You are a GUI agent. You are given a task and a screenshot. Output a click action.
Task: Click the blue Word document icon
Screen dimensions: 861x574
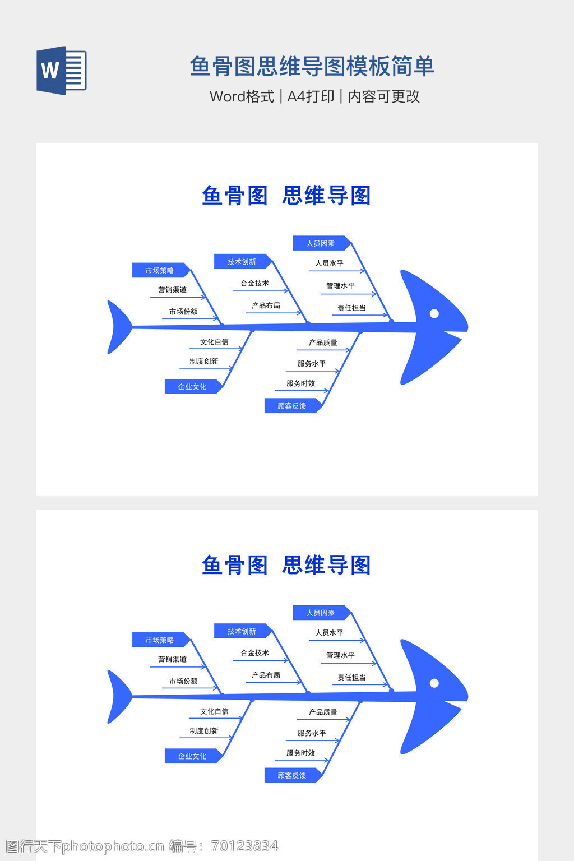click(61, 70)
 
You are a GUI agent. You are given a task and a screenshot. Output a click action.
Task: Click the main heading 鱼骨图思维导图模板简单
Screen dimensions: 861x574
click(312, 66)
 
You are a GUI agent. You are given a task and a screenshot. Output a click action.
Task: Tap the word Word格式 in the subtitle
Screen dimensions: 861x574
click(242, 96)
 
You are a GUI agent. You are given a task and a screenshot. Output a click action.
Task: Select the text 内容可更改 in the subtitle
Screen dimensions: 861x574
click(383, 96)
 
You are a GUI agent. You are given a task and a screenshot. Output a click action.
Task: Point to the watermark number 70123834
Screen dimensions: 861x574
click(245, 846)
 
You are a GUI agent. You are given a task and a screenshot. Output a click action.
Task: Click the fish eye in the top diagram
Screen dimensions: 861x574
click(434, 313)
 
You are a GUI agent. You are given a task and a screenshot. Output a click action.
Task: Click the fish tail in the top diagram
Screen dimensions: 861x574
click(117, 327)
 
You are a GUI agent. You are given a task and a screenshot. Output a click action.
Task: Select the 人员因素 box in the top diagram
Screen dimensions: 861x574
click(321, 243)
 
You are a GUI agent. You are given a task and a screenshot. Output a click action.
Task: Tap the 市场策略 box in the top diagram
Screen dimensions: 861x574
click(160, 270)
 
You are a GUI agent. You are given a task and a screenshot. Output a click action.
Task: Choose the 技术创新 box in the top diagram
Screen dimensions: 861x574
click(242, 262)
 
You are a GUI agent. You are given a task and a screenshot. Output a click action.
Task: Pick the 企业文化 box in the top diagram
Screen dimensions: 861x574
click(192, 387)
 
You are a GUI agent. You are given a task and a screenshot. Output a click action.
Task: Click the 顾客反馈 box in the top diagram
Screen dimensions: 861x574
click(292, 406)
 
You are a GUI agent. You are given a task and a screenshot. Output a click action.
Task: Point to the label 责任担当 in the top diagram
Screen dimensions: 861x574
click(351, 308)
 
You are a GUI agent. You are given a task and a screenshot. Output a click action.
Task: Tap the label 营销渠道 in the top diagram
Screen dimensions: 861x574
click(172, 290)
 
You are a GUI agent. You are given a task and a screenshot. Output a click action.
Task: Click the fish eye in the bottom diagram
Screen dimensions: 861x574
click(434, 683)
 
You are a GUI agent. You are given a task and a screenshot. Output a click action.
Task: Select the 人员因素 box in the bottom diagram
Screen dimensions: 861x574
click(321, 613)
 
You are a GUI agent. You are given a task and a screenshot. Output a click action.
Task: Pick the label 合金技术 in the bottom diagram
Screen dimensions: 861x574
click(254, 652)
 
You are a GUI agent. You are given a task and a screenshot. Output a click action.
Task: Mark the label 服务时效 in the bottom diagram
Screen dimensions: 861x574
click(300, 753)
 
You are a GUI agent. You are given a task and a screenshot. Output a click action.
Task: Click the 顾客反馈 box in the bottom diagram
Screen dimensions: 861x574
click(292, 775)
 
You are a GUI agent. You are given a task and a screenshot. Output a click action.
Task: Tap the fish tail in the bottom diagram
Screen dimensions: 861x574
click(117, 697)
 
